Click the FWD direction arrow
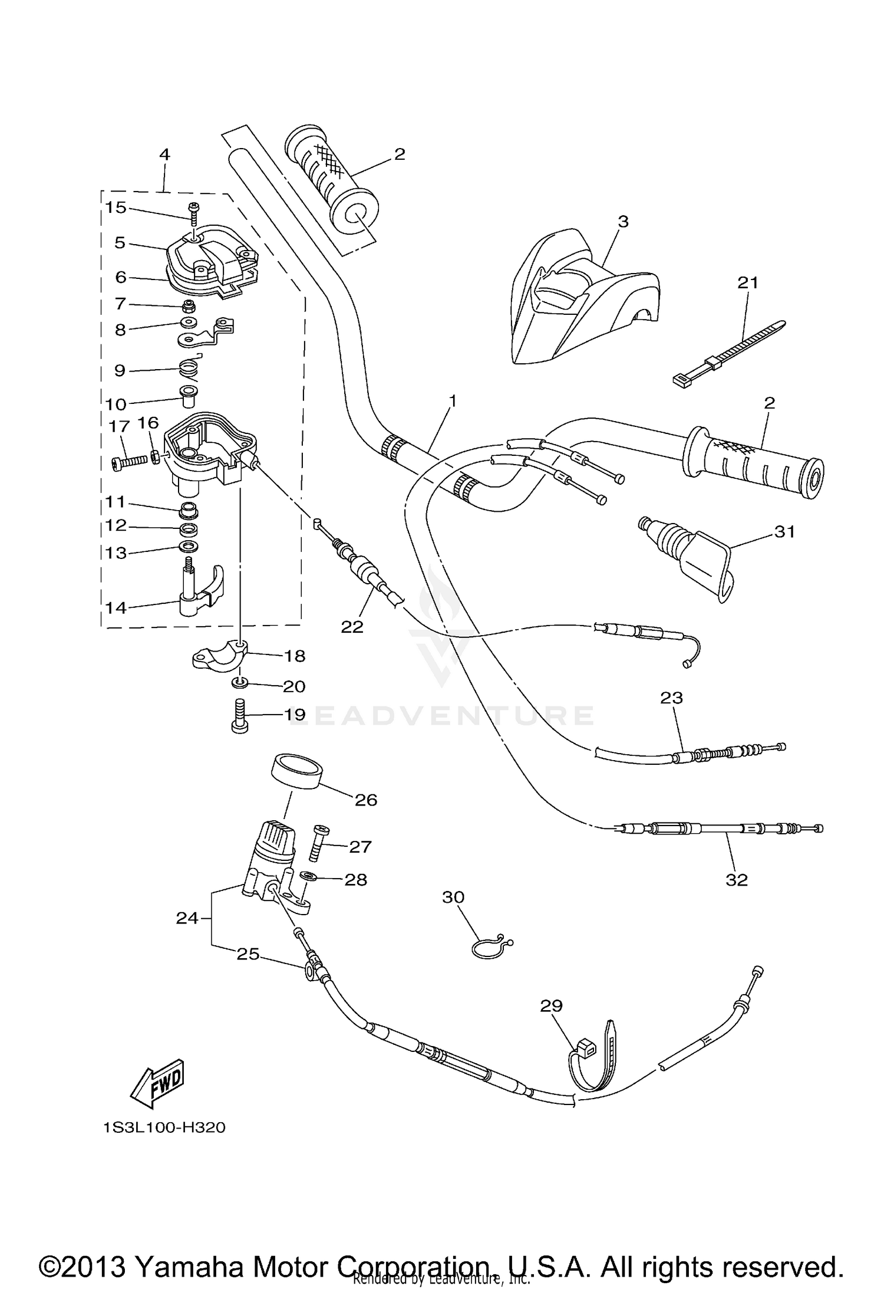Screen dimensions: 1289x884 tap(157, 1084)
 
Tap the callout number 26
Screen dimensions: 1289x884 tap(365, 800)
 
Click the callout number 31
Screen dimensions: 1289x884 tap(784, 531)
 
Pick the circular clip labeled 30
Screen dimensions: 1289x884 tap(489, 947)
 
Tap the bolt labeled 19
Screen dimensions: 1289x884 tap(239, 715)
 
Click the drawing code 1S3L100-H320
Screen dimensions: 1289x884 tap(164, 1127)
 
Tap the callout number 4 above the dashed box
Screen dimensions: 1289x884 tap(164, 154)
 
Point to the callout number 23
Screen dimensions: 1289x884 tap(671, 698)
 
